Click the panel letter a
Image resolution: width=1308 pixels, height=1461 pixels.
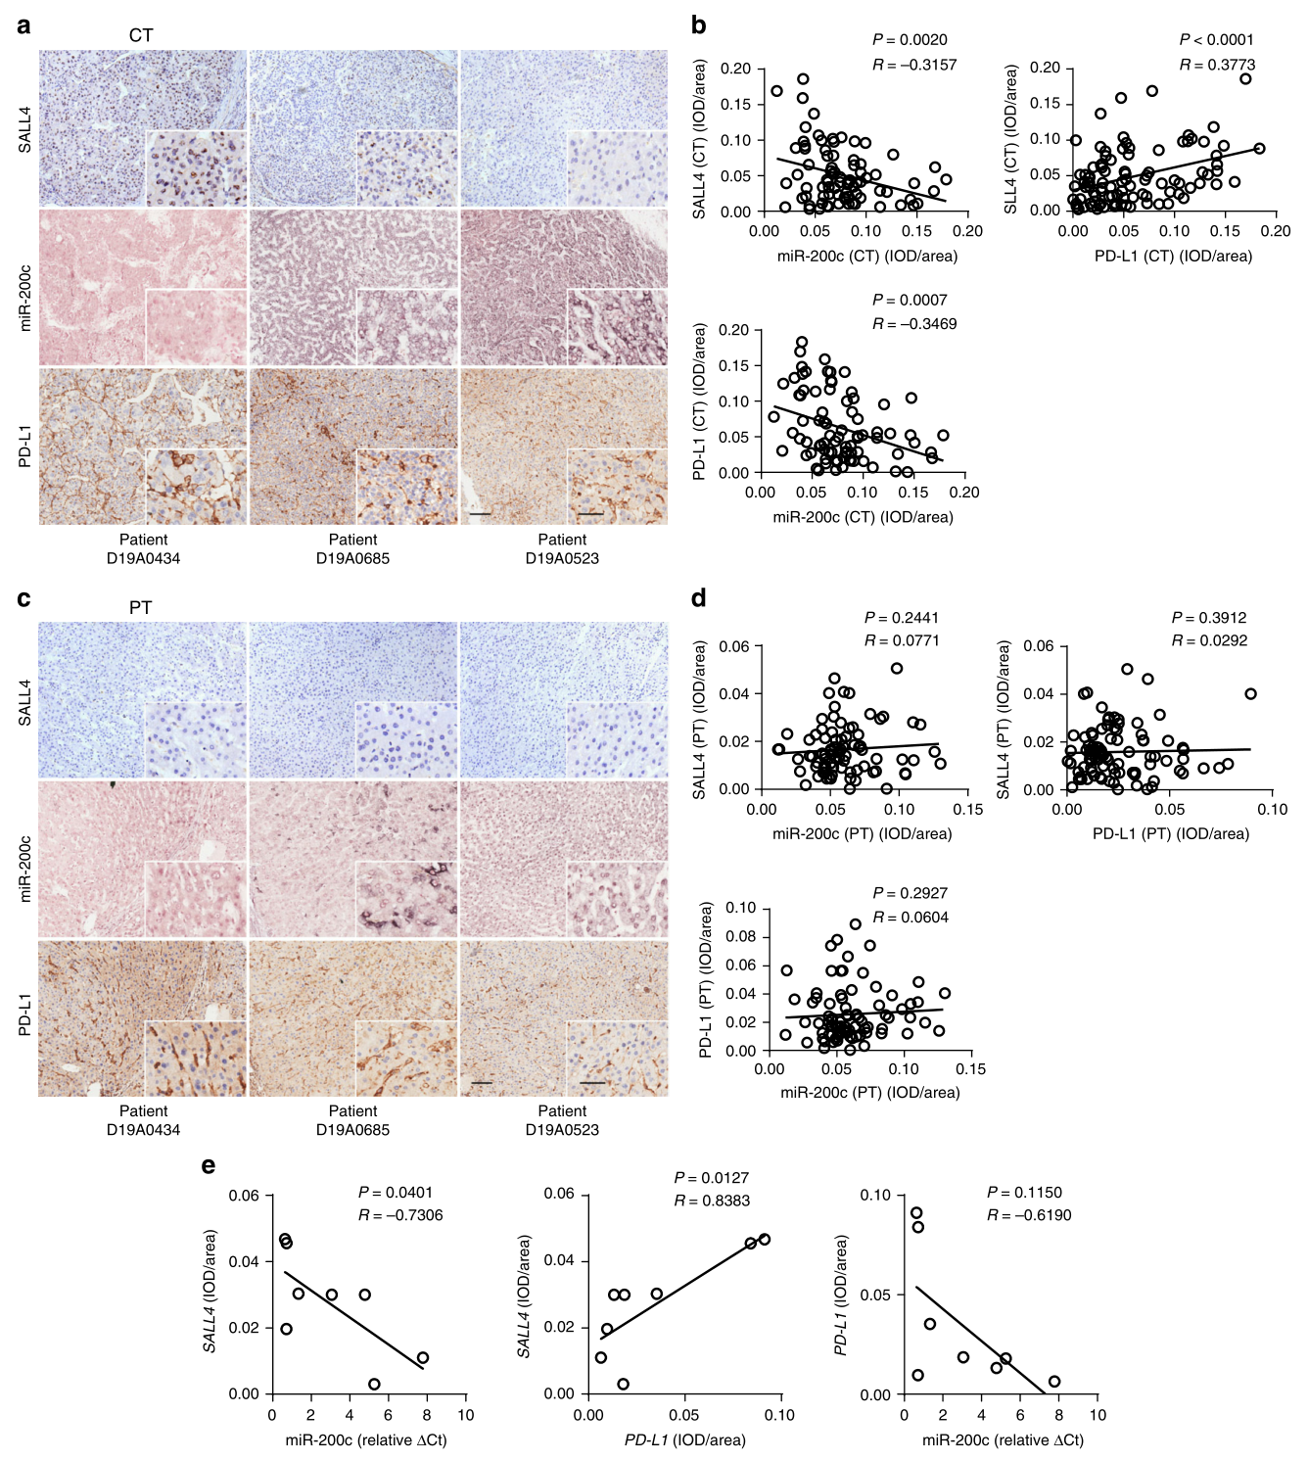[23, 25]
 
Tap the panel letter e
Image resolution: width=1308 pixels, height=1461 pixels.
[208, 1165]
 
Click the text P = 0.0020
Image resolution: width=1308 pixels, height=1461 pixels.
[910, 40]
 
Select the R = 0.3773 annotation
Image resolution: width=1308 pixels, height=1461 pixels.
[1217, 65]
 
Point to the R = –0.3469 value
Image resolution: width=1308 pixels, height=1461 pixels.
[914, 324]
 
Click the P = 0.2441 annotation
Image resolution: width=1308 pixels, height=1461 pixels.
[902, 618]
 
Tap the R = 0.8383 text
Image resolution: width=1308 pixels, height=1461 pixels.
[712, 1201]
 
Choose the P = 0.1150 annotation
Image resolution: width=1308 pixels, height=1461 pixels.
[1024, 1193]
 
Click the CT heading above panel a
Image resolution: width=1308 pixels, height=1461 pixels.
[141, 35]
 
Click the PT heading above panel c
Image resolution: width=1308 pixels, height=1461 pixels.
[140, 608]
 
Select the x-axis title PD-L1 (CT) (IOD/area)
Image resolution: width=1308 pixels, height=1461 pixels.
[1173, 257]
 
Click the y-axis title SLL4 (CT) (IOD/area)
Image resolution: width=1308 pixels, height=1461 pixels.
[1010, 139]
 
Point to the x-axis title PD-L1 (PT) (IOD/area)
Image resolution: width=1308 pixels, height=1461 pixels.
[1170, 834]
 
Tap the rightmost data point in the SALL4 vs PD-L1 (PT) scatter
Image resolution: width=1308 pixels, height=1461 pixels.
[1250, 694]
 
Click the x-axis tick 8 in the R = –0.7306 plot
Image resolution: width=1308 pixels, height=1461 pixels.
[427, 1415]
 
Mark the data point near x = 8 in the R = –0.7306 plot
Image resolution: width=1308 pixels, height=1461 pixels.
[423, 1358]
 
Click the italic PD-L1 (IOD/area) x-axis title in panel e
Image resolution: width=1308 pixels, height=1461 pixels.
[684, 1440]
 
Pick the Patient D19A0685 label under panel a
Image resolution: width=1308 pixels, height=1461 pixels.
[352, 549]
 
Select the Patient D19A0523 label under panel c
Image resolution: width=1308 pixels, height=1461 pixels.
[562, 1120]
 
